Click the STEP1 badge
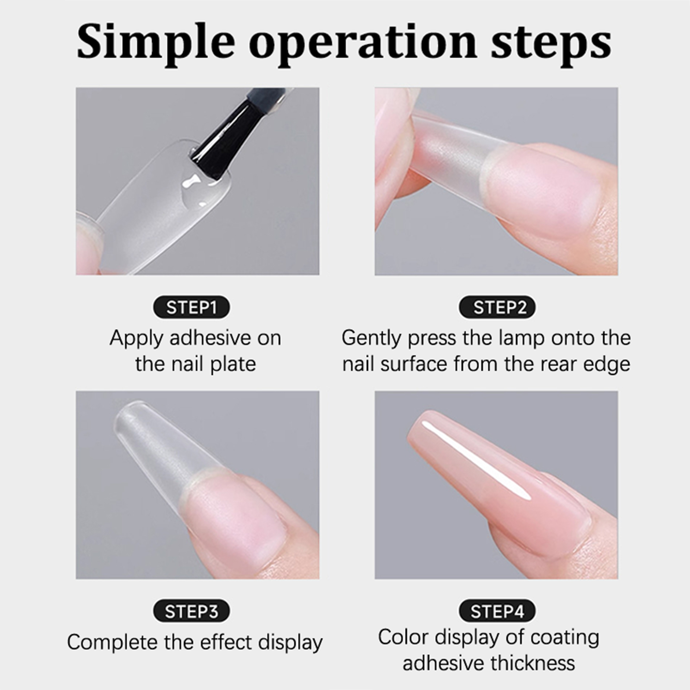click(191, 307)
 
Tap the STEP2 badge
click(497, 307)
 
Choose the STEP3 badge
click(191, 611)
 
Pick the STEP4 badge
click(497, 611)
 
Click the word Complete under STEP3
click(112, 643)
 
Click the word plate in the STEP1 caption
click(233, 365)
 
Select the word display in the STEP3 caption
click(291, 643)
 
